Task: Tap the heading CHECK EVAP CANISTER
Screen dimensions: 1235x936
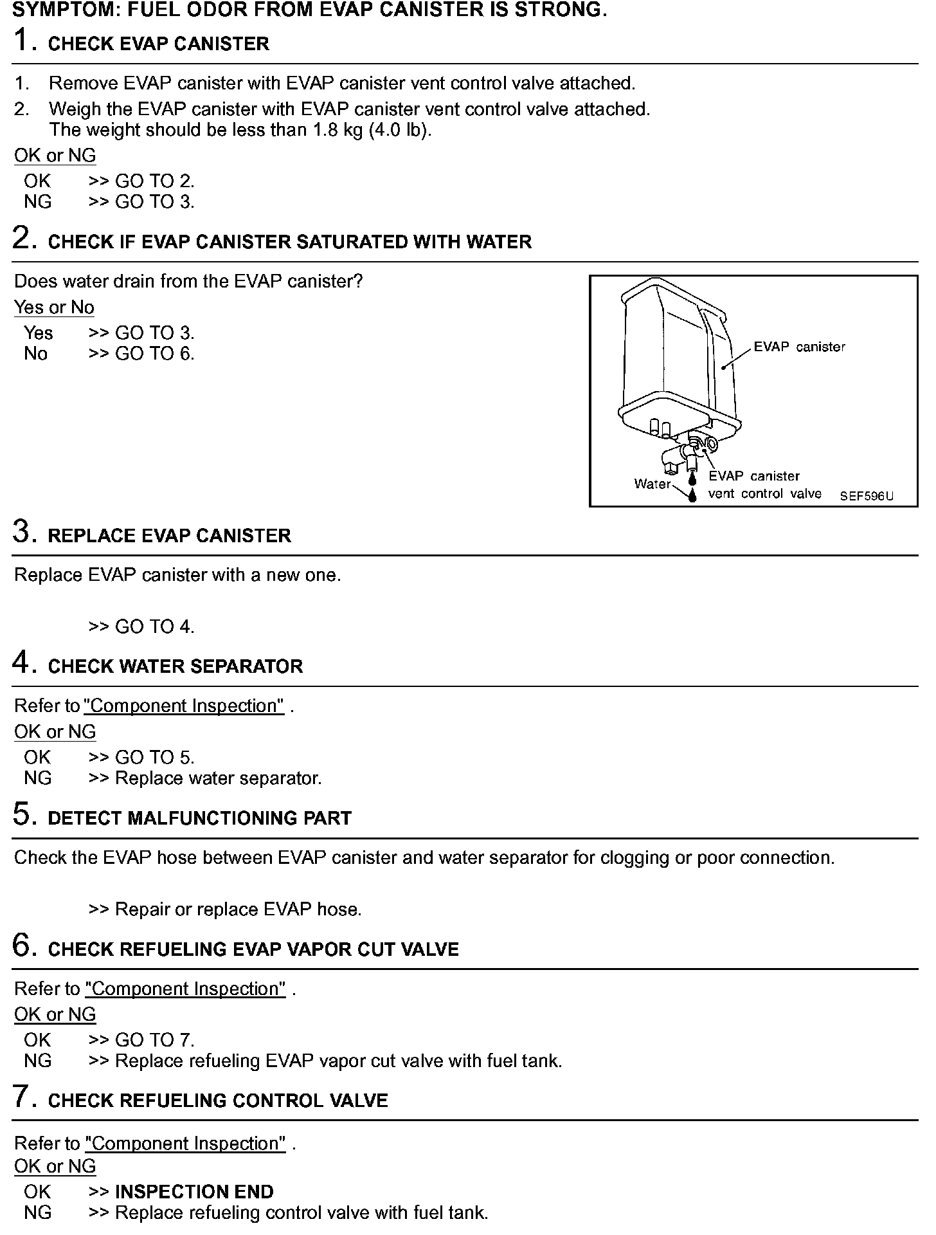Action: tap(158, 44)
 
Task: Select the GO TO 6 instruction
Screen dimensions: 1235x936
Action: tap(154, 354)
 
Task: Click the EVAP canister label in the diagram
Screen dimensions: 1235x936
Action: tap(799, 347)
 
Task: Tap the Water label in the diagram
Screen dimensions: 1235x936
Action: tap(652, 484)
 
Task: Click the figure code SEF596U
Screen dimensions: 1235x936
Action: tap(867, 496)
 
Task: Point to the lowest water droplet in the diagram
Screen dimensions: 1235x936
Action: tap(692, 495)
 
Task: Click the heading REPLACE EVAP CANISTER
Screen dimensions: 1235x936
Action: tap(169, 536)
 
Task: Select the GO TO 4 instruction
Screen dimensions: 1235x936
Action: tap(154, 627)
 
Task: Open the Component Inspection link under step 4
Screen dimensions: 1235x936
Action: tap(184, 706)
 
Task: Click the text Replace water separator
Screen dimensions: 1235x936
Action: tap(218, 778)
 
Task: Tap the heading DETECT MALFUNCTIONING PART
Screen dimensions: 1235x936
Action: tap(199, 818)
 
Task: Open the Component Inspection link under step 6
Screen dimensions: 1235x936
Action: tap(185, 989)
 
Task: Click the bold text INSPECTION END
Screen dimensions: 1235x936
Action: tap(194, 1192)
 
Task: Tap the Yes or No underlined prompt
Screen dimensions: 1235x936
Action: tap(54, 307)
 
